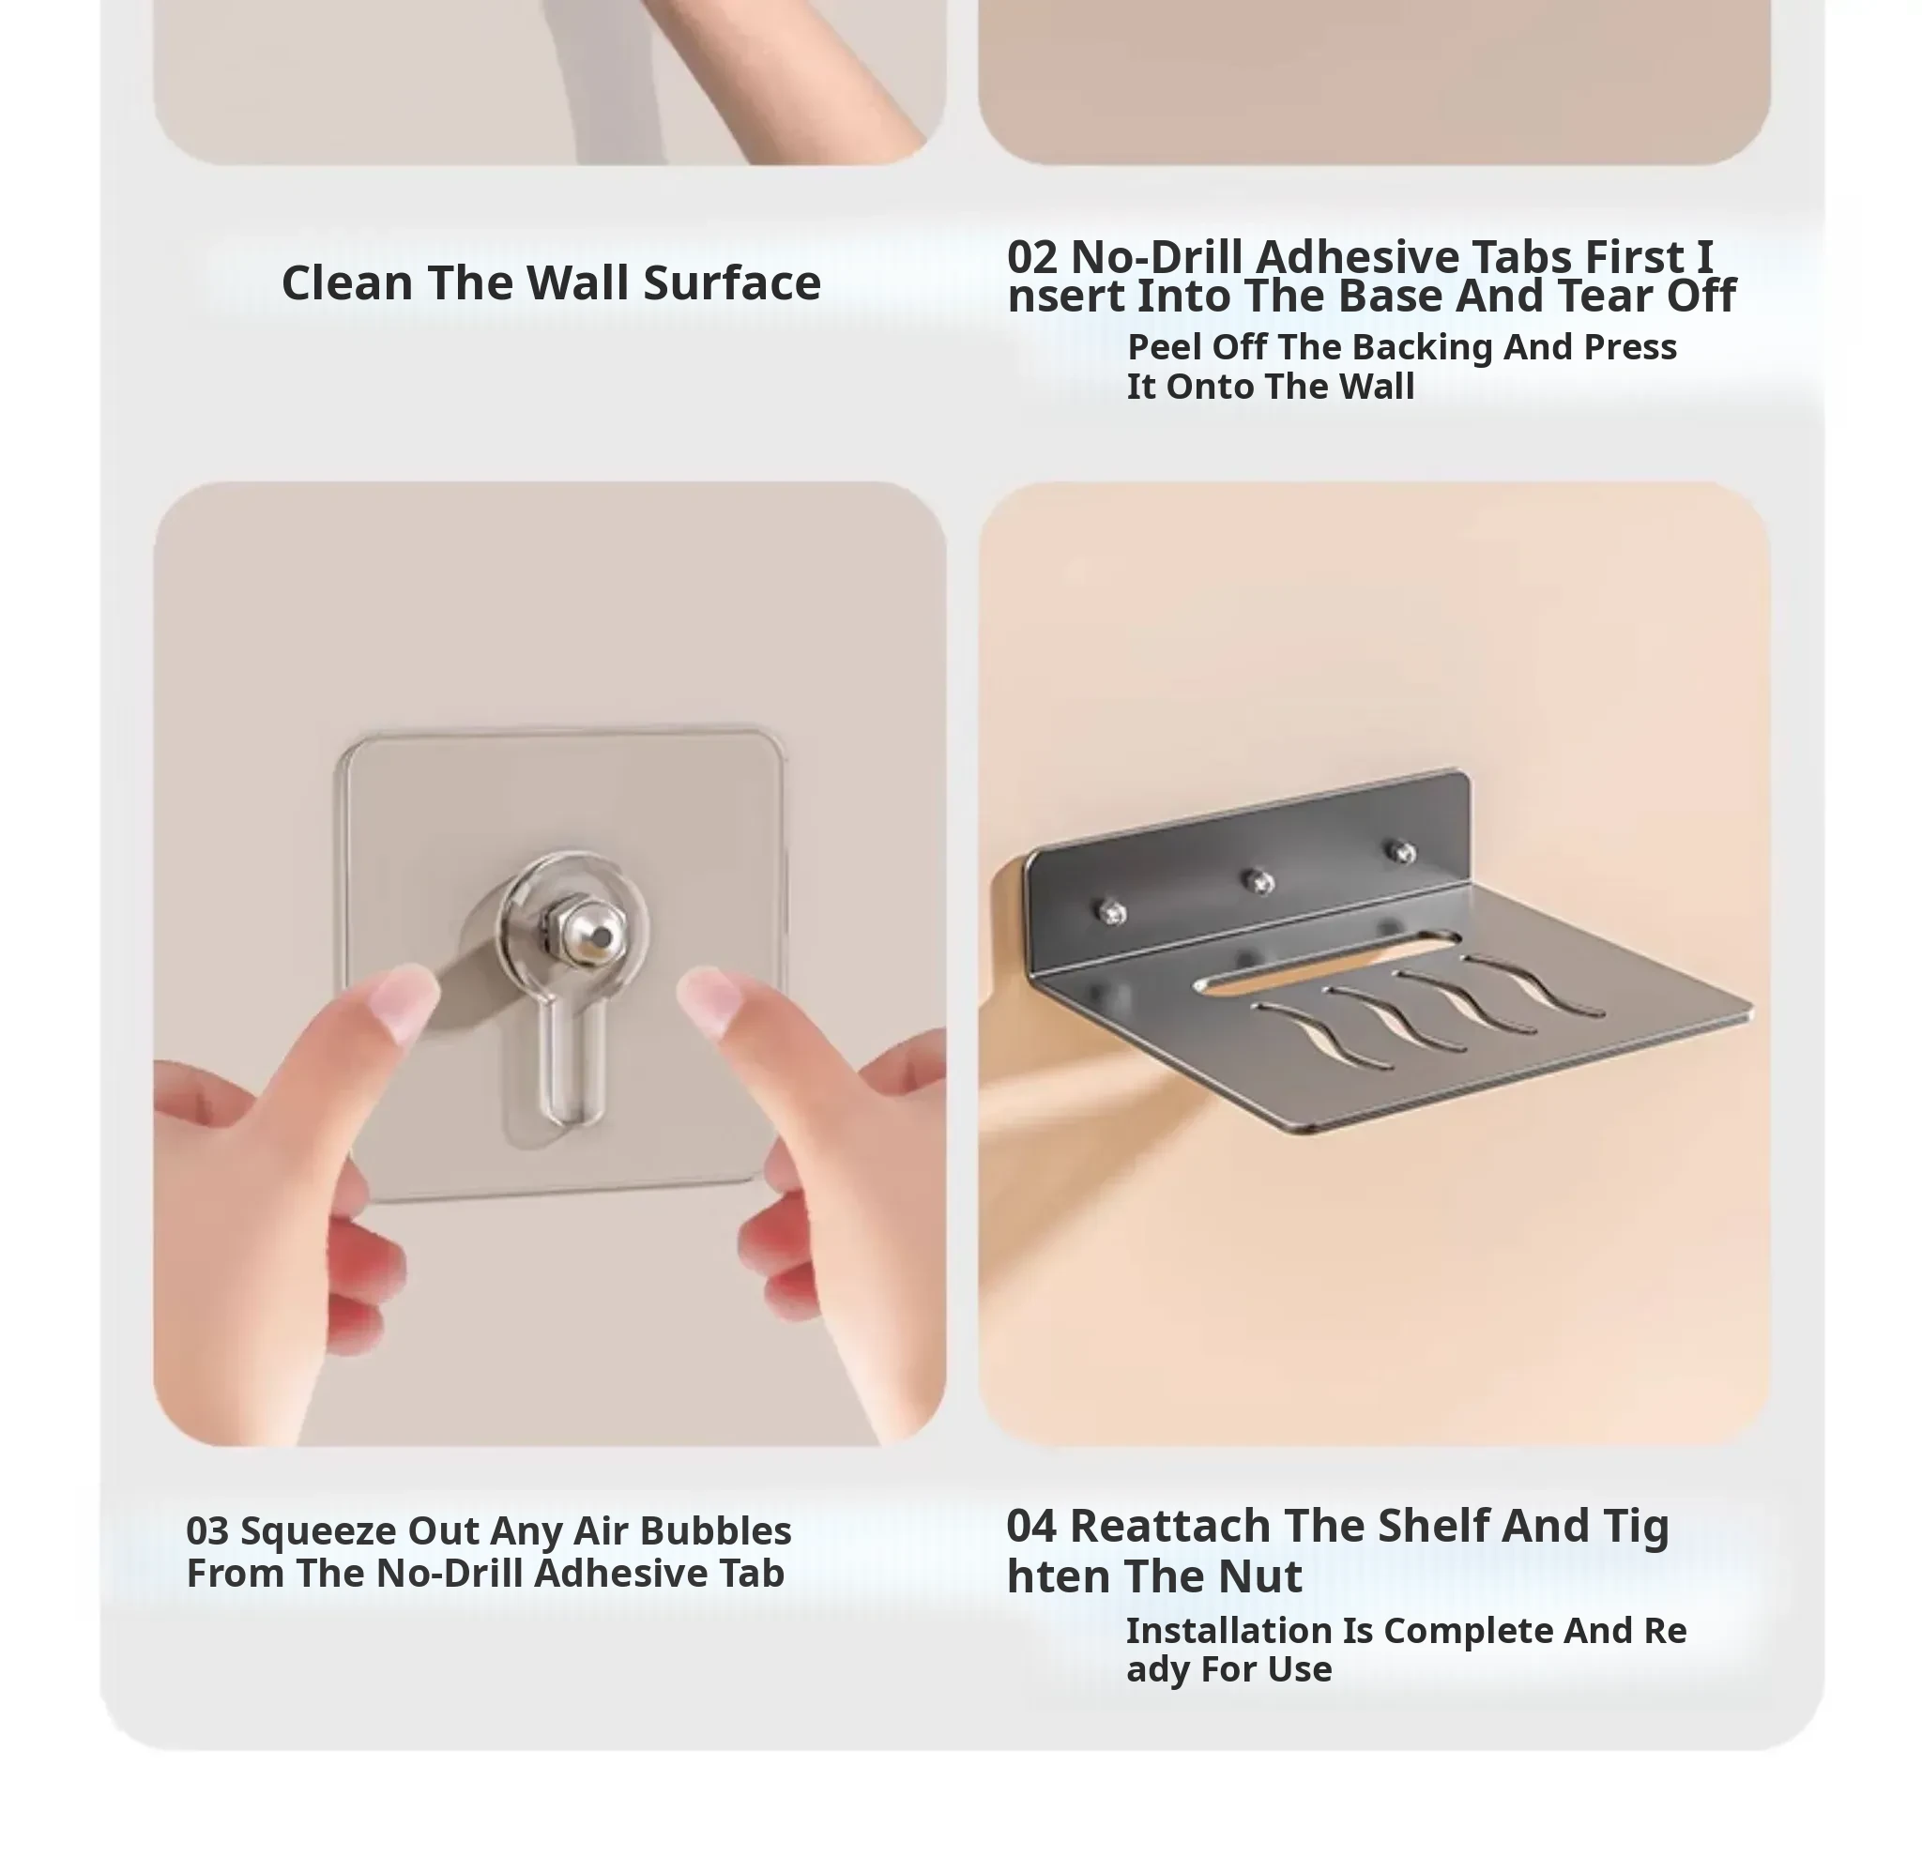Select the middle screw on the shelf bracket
point(1258,882)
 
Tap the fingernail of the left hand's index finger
point(404,1002)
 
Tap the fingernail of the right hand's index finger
point(709,1004)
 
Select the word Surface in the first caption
point(731,283)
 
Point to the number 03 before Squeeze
point(207,1530)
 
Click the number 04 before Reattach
point(1031,1526)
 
